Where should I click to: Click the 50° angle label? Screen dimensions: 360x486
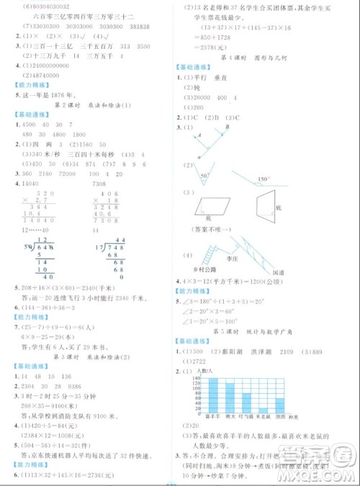click(x=203, y=175)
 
